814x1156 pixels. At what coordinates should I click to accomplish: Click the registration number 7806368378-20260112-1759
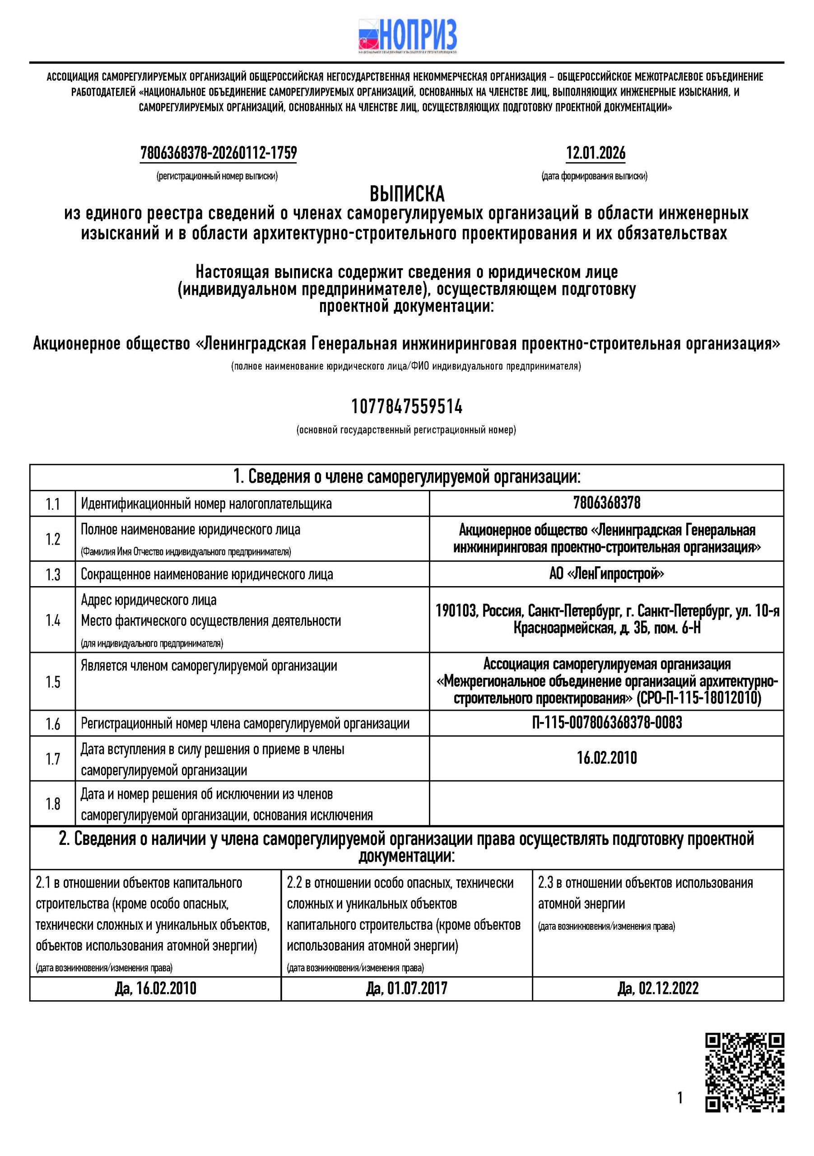(x=219, y=153)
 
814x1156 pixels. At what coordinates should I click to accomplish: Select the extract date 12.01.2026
(x=595, y=153)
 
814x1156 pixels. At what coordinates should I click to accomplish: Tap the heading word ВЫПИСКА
(x=407, y=194)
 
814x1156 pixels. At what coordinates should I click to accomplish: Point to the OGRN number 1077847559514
(x=407, y=406)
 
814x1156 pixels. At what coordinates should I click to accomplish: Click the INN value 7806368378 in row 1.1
(x=607, y=503)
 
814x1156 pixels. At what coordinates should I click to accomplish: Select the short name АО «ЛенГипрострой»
(x=607, y=573)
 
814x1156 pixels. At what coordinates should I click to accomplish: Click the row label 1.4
(x=53, y=620)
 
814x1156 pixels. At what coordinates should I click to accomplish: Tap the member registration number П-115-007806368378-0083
(x=607, y=722)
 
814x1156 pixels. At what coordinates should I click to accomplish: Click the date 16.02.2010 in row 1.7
(x=607, y=758)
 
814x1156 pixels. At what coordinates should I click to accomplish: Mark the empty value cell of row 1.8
(x=607, y=804)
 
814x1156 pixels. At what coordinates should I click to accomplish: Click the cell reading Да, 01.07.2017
(x=407, y=988)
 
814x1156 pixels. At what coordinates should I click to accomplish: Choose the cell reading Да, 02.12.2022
(x=658, y=988)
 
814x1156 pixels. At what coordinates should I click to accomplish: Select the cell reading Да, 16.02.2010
(x=156, y=988)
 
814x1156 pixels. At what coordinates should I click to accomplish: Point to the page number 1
(x=680, y=1097)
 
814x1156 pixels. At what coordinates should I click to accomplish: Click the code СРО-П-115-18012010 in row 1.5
(x=699, y=698)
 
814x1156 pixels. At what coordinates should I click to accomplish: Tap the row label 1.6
(x=53, y=723)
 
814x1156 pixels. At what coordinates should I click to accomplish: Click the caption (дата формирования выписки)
(x=595, y=176)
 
